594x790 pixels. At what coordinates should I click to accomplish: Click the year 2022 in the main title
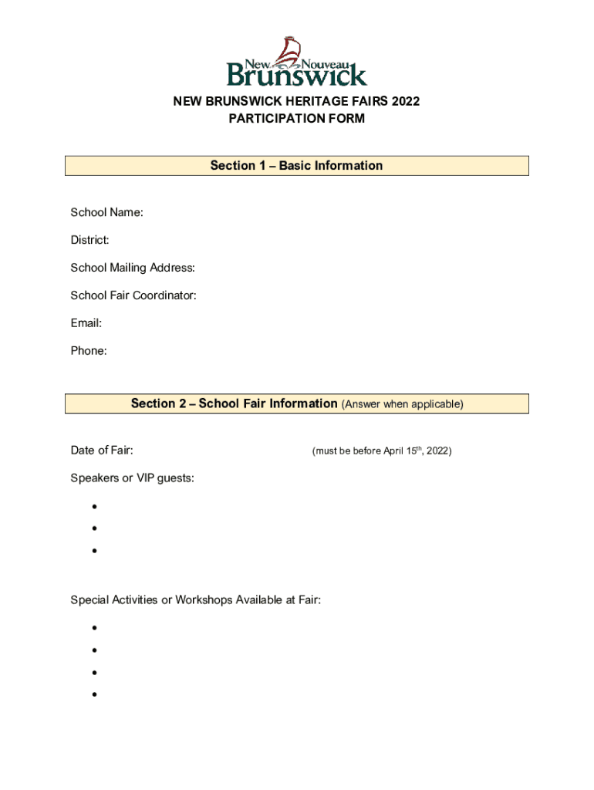(404, 101)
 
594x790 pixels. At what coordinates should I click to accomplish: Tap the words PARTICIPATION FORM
(296, 119)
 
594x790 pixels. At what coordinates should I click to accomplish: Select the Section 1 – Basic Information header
(296, 166)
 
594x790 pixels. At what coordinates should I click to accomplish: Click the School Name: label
(106, 212)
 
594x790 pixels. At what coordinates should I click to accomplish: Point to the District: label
(89, 240)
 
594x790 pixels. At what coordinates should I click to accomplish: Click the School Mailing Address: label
(133, 268)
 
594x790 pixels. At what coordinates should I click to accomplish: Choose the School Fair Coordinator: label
(133, 295)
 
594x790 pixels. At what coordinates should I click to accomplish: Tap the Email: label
(86, 323)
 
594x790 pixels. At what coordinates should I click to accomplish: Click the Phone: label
(89, 351)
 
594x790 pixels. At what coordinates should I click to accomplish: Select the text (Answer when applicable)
(402, 404)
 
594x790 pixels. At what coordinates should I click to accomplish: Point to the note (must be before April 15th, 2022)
(381, 451)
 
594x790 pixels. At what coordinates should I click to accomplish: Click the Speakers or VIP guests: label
(132, 478)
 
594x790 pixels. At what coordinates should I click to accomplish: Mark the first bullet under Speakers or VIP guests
(93, 507)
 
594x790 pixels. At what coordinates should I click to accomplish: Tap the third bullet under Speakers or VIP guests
(93, 551)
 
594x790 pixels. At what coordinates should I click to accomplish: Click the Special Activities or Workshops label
(195, 599)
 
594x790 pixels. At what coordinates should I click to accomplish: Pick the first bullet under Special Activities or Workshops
(93, 628)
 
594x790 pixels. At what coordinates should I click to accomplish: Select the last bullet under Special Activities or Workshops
(93, 694)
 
